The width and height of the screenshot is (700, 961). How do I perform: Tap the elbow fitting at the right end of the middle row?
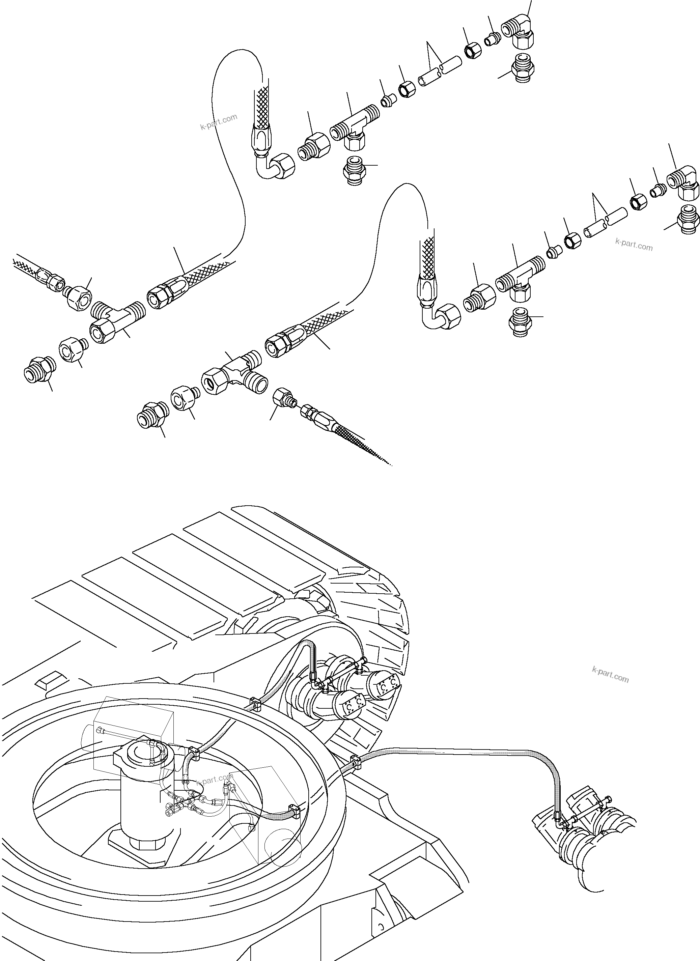coord(683,183)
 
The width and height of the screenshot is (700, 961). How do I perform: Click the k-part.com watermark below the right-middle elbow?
coord(634,245)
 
